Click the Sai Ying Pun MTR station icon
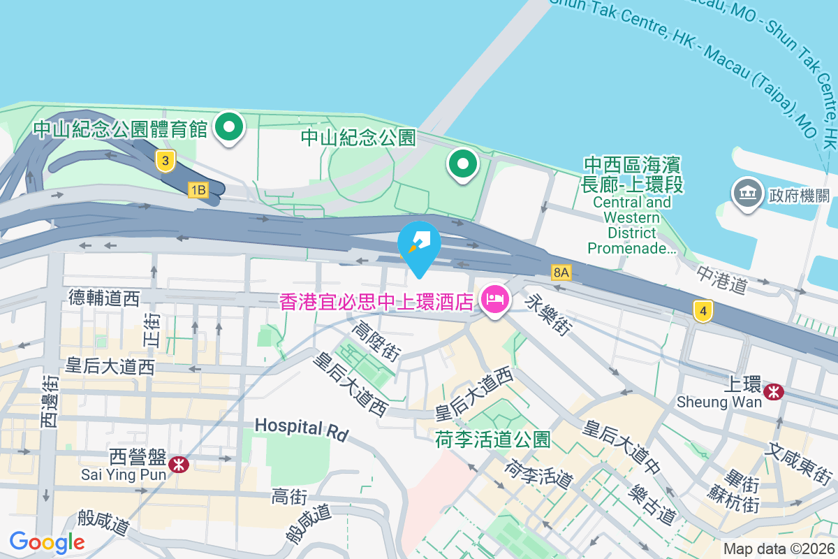pyautogui.click(x=179, y=463)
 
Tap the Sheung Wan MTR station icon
pyautogui.click(x=773, y=391)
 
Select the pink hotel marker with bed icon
pyautogui.click(x=495, y=300)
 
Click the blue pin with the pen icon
pyautogui.click(x=419, y=244)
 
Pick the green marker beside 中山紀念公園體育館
pyautogui.click(x=228, y=128)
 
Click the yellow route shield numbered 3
pyautogui.click(x=165, y=161)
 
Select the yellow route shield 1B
pyautogui.click(x=198, y=189)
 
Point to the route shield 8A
pyautogui.click(x=561, y=272)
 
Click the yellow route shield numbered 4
pyautogui.click(x=703, y=311)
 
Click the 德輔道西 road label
pyautogui.click(x=104, y=298)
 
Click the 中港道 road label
pyautogui.click(x=721, y=277)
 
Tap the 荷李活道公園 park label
pyautogui.click(x=492, y=439)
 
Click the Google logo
pyautogui.click(x=47, y=542)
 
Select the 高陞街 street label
pyautogui.click(x=376, y=340)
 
